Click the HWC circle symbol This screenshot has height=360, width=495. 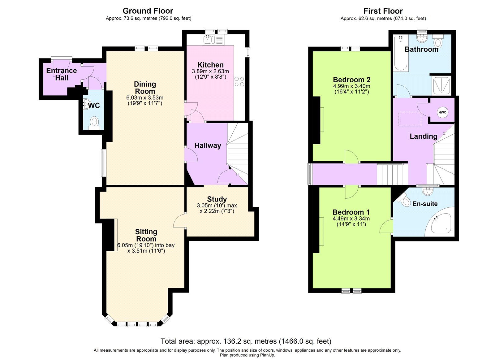coord(442,112)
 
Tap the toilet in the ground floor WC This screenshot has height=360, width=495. coord(94,122)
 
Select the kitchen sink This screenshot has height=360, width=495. coord(207,40)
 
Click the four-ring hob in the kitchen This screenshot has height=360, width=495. coord(239,81)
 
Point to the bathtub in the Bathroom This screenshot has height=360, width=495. coord(401,53)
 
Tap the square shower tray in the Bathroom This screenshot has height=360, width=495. coord(441,85)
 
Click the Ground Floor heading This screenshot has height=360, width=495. coord(148,11)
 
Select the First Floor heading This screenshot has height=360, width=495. coord(383,11)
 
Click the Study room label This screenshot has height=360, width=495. coord(217,199)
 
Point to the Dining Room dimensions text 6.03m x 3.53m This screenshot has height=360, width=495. coord(145,98)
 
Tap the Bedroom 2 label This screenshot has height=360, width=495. coord(351,80)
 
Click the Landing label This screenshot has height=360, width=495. coord(423,136)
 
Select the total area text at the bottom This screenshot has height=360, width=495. coord(246,341)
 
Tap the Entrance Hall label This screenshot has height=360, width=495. coord(62,74)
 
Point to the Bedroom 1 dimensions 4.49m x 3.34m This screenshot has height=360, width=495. coord(351,219)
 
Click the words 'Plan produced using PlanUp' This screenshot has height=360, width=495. coord(247,355)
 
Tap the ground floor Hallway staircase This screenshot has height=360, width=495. coord(238,152)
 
